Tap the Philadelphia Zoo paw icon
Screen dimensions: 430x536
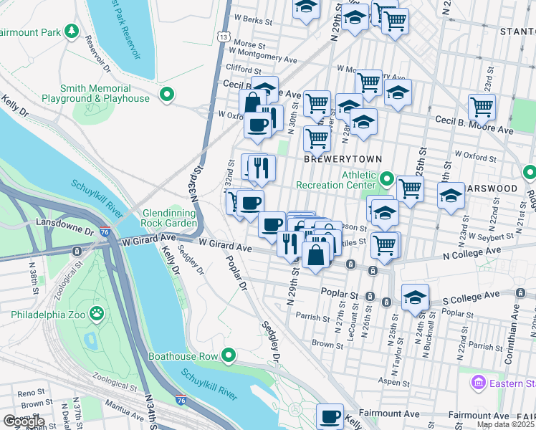95,314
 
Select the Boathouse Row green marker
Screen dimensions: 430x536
229,355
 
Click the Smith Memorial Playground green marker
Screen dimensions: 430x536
167,94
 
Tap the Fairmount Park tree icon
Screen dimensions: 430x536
71,32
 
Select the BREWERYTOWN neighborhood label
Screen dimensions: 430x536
343,158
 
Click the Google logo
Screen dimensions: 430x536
23,421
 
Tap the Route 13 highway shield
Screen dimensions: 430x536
224,36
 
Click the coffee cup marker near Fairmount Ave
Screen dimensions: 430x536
330,416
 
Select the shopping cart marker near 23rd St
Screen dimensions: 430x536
482,107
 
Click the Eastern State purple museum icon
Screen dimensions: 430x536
477,383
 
